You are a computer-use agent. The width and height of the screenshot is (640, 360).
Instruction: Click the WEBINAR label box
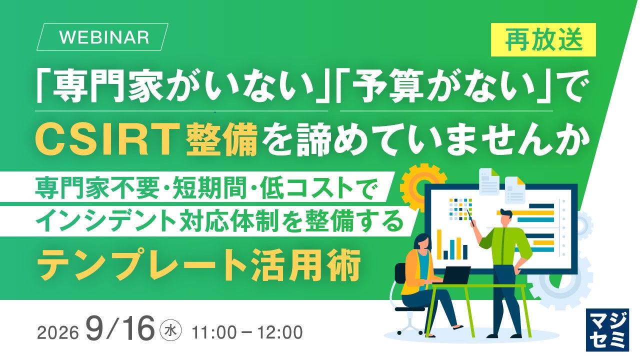click(x=102, y=37)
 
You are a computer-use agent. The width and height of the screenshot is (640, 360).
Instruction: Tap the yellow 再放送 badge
click(x=543, y=39)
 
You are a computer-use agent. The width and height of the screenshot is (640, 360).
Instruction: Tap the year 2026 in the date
click(x=57, y=333)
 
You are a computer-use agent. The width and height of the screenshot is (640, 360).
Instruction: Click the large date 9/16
click(x=119, y=328)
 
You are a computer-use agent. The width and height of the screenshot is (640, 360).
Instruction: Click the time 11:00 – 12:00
click(x=247, y=332)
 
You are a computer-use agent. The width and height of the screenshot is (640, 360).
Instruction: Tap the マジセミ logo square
click(x=607, y=330)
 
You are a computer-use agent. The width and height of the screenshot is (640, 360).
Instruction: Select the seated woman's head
click(x=422, y=243)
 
